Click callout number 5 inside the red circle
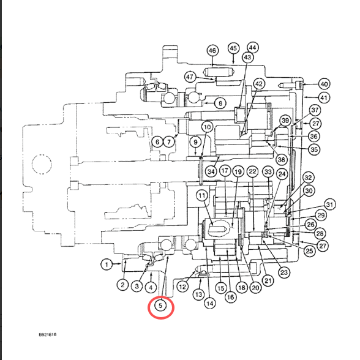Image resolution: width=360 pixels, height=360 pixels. pos(160,306)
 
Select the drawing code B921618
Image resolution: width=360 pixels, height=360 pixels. pos(48,334)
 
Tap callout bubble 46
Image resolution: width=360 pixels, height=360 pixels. pos(212,50)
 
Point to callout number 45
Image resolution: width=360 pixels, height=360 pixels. pos(233,48)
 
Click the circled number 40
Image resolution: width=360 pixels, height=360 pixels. pos(324,84)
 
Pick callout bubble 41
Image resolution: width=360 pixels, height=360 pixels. pos(324,98)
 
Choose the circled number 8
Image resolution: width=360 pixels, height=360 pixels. pos(220,103)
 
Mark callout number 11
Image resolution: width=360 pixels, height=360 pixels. pos(202,196)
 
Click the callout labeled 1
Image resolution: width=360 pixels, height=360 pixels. pos(107,264)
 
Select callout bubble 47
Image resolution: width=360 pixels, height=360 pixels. pos(190,77)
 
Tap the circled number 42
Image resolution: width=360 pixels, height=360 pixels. pos(259,84)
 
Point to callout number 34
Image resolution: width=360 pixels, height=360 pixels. pos(211,171)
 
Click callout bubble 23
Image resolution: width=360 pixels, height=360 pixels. pos(284,272)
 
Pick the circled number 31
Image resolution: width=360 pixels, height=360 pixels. pos(329,204)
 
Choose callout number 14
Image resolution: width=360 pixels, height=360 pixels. pos(210,304)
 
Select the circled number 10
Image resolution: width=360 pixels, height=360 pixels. pos(207,127)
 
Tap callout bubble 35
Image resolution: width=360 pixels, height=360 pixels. pos(314,149)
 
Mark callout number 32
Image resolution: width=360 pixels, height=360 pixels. pos(308,178)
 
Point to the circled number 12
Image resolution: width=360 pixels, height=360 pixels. pos(182,287)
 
